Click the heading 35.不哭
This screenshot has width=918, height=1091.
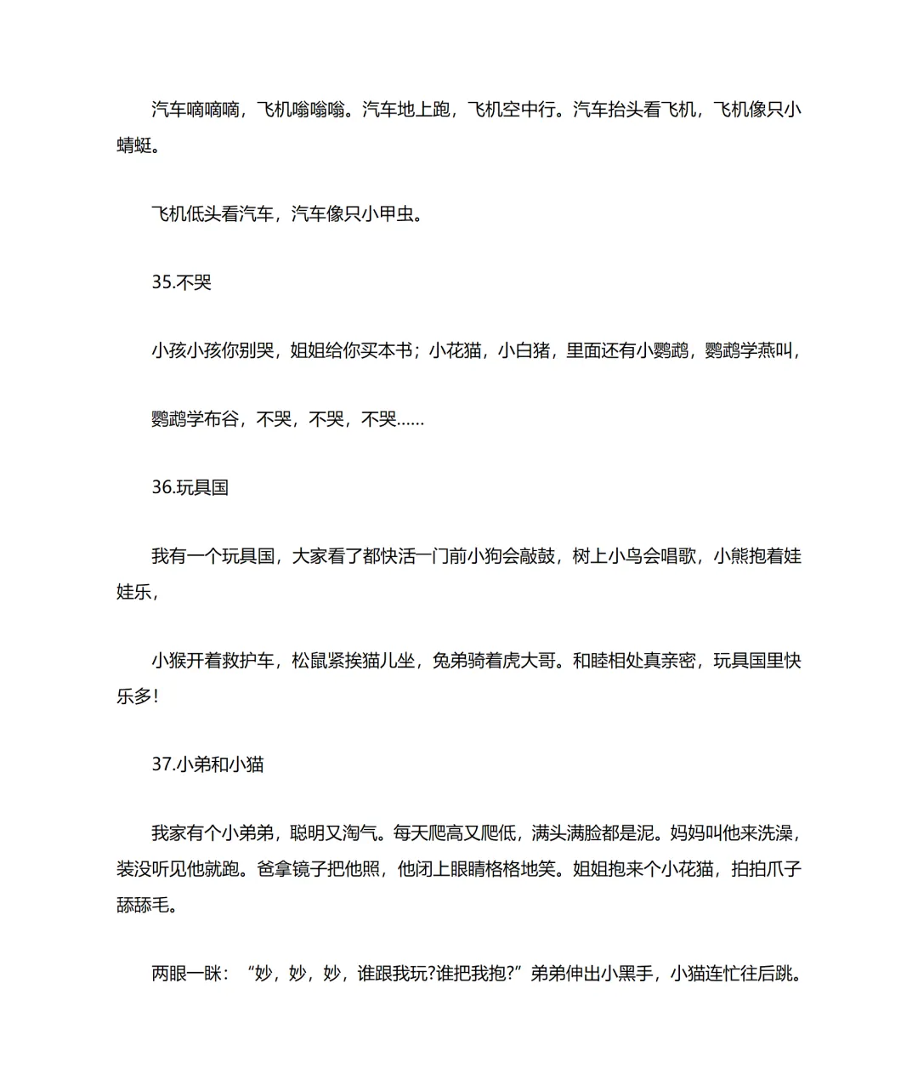pos(181,282)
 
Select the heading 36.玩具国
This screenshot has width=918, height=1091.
pos(190,488)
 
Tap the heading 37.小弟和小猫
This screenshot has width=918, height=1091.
pos(207,764)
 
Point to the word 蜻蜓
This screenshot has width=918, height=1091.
pos(134,145)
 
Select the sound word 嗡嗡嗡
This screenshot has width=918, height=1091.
pos(319,110)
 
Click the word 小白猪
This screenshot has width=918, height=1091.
pos(524,350)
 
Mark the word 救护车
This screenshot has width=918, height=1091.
pos(247,661)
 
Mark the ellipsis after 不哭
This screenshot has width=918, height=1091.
pos(411,419)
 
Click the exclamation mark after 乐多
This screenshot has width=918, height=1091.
pos(156,696)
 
